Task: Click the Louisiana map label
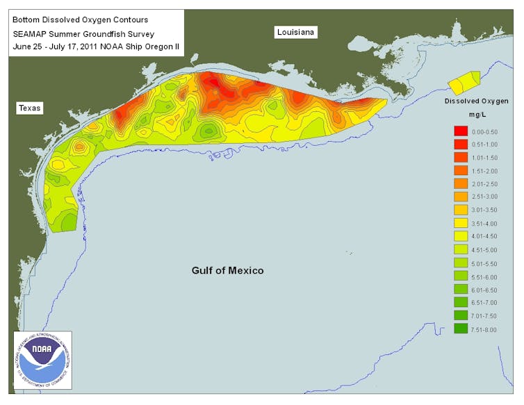point(295,32)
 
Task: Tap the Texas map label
point(30,108)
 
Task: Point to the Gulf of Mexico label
point(227,270)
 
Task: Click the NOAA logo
point(42,359)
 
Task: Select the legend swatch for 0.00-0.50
point(460,131)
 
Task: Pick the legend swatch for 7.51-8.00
point(460,329)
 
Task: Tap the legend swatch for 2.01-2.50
point(460,184)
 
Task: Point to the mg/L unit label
point(477,115)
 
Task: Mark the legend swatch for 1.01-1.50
point(460,158)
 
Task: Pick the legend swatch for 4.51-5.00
point(460,250)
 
